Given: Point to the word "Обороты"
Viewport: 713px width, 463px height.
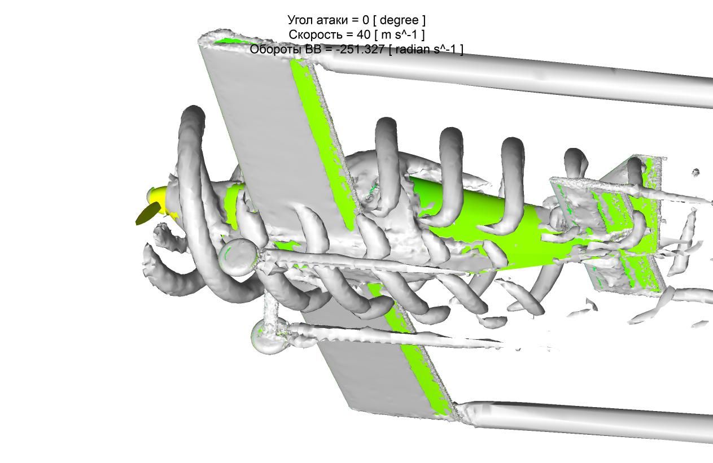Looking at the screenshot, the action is (x=274, y=50).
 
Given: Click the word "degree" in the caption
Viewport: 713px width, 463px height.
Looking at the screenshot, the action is (x=399, y=20).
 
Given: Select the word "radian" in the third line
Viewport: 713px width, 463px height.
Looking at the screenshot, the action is (x=413, y=49).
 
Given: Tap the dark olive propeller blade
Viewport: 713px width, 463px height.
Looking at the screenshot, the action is (x=148, y=214).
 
